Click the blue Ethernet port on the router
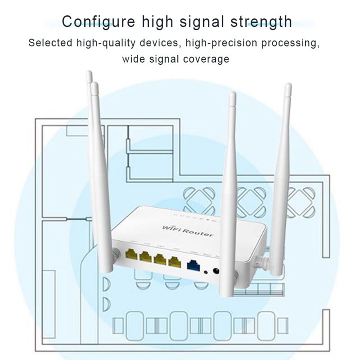(x=193, y=265)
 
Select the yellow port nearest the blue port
(x=174, y=262)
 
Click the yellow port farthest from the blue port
(x=132, y=255)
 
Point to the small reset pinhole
(x=206, y=271)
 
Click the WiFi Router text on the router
(x=188, y=230)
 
